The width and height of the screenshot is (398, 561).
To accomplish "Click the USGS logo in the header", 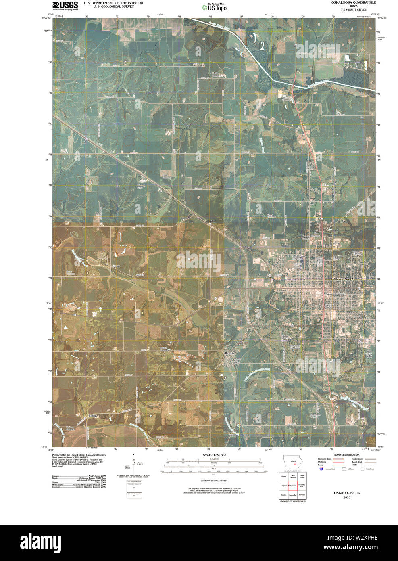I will click(65, 5).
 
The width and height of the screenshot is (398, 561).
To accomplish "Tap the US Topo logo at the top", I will click(217, 7).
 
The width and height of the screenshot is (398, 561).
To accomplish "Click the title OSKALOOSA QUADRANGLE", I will click(349, 2).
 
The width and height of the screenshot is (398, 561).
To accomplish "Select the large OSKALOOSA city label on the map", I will click(342, 279).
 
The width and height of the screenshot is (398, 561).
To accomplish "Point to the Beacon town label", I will click(229, 353).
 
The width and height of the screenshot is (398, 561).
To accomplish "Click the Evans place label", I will click(116, 266).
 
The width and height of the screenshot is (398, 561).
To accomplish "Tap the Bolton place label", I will click(93, 415).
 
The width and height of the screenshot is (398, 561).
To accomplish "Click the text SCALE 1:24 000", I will click(215, 455).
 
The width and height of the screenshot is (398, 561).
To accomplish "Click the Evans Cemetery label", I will click(71, 273).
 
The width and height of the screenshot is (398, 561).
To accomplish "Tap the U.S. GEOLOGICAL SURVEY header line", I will click(113, 6).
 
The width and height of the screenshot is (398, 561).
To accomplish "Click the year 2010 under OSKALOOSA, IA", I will click(347, 498).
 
